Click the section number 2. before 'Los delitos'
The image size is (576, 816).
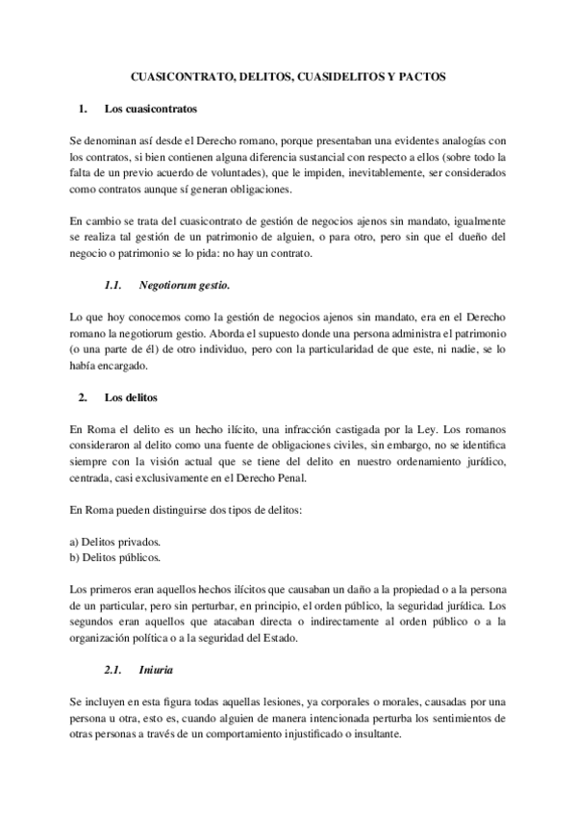[84, 397]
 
